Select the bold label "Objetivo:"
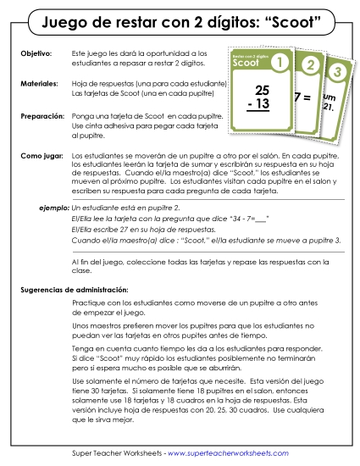pos(35,53)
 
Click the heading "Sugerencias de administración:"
pos(74,290)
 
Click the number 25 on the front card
pos(262,88)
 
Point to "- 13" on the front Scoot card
pos(261,103)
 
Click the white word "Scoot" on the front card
pos(246,63)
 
